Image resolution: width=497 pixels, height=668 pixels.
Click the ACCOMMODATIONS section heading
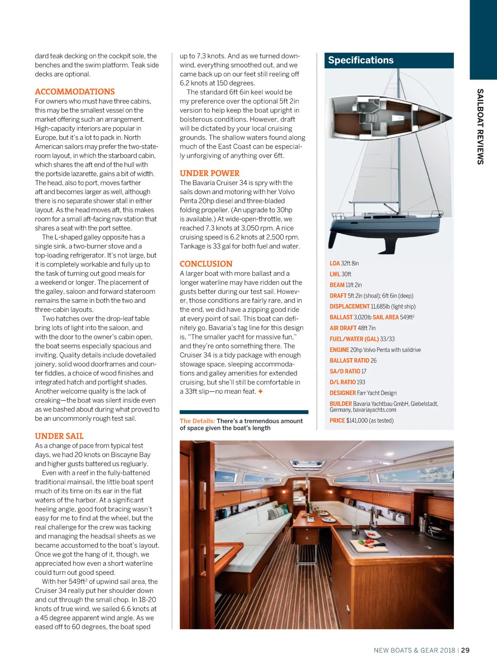(75, 92)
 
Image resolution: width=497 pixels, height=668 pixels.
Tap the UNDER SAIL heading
(59, 436)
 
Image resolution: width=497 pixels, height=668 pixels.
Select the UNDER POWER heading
(210, 173)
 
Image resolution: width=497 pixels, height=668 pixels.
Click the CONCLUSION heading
(206, 264)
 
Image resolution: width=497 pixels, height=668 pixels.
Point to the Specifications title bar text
(361, 60)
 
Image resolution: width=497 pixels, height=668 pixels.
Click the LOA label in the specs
(335, 263)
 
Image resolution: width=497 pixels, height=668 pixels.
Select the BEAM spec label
(337, 285)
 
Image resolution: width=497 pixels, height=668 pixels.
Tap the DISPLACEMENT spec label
(350, 306)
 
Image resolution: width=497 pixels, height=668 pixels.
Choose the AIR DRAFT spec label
(343, 328)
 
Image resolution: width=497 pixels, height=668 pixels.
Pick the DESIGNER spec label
(343, 393)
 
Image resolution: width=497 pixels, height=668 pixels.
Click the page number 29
(465, 650)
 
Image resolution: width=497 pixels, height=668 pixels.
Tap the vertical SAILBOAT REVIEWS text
(480, 126)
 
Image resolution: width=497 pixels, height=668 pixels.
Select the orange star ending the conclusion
(261, 391)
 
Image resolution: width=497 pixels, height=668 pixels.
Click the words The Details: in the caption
(197, 421)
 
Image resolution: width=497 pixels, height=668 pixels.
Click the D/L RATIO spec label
(343, 382)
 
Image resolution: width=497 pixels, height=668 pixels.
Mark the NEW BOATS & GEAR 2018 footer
(414, 650)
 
